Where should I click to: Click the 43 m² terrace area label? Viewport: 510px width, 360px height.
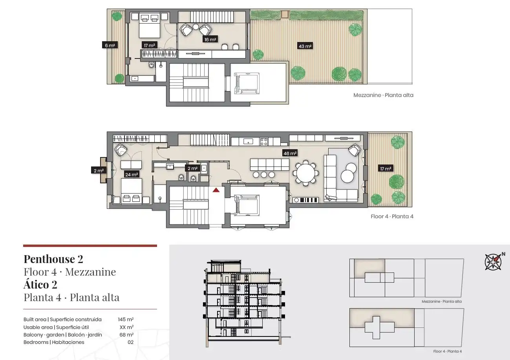[x=305, y=46]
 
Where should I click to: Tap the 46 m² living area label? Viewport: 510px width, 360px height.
[x=290, y=153]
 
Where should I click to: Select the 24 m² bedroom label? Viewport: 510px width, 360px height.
[x=132, y=174]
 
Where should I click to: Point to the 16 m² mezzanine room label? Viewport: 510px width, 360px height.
[x=210, y=39]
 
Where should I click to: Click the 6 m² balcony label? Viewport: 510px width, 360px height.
[x=110, y=45]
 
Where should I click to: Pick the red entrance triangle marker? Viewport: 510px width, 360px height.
[x=216, y=190]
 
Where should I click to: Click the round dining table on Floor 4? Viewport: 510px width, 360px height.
[x=306, y=173]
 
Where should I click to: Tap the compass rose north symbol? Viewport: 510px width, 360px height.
[x=493, y=262]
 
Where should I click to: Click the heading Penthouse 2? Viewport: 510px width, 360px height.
[x=53, y=259]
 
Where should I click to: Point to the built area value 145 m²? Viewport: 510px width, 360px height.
[x=126, y=319]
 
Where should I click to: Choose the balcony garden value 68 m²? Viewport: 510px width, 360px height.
[x=126, y=334]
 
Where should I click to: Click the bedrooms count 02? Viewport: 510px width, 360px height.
[x=130, y=342]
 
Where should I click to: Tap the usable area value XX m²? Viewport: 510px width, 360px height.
[x=126, y=327]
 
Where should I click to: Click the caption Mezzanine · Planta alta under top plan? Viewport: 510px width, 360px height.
[x=383, y=95]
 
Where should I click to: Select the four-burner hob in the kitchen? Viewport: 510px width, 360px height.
[x=264, y=141]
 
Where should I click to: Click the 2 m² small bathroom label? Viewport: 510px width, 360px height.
[x=192, y=168]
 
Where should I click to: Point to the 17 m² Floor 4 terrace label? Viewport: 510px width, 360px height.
[x=385, y=168]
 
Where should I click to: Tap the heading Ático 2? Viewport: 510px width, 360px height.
[x=40, y=284]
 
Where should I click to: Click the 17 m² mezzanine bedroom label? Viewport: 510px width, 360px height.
[x=149, y=45]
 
